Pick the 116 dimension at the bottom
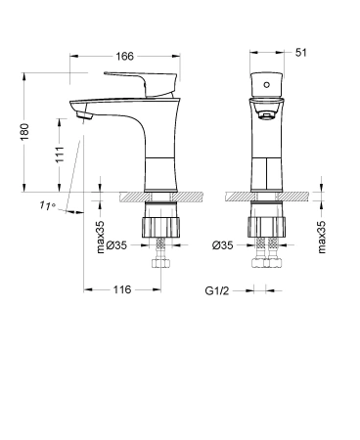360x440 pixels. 121,290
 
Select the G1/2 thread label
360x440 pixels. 217,290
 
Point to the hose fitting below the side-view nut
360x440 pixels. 161,261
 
